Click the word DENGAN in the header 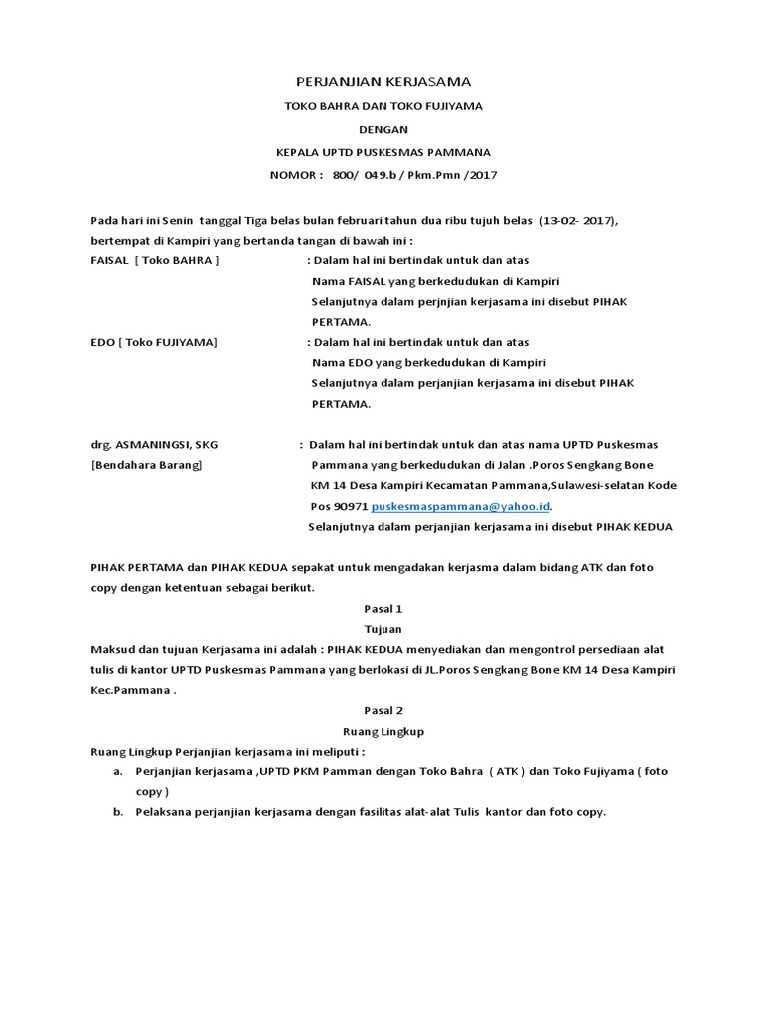coord(383,129)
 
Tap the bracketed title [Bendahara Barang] coord(145,465)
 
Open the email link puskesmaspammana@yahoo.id coord(460,506)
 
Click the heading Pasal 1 coord(383,607)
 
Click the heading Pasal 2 coord(383,710)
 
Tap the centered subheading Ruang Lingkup coord(383,731)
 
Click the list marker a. coord(117,771)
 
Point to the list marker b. coord(117,812)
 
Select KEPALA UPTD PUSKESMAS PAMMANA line coord(383,152)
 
